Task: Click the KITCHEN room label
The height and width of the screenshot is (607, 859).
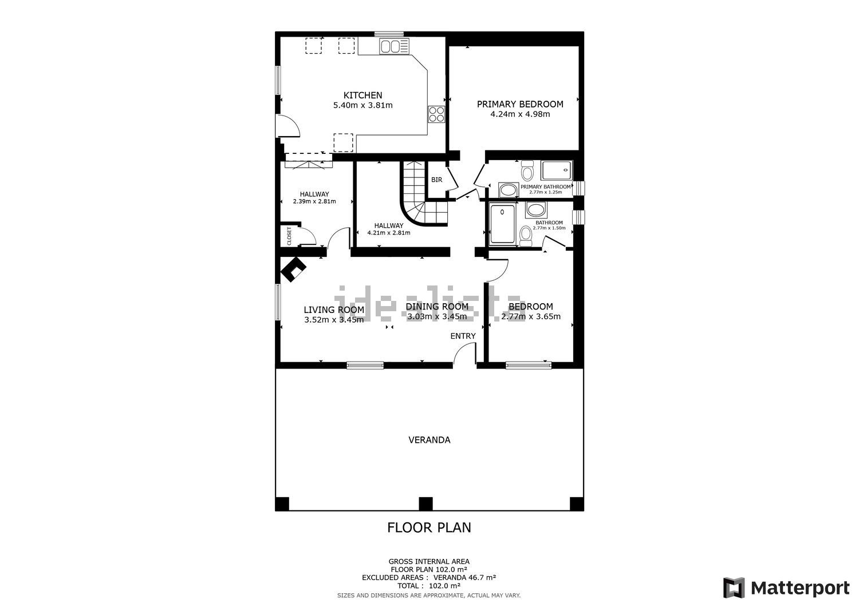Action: coord(362,95)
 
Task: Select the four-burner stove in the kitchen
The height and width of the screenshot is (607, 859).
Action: coord(436,114)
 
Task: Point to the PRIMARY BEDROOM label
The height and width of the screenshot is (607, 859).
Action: coord(520,104)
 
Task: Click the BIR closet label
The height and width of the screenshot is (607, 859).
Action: coord(436,180)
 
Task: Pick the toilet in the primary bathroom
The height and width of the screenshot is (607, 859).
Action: coord(527,170)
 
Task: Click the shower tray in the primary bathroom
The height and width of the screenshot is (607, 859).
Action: coord(557,170)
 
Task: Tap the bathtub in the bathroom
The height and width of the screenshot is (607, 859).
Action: coord(502,224)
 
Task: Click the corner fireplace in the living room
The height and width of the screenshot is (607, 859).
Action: coord(293,269)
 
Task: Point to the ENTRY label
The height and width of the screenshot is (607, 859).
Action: coord(463,336)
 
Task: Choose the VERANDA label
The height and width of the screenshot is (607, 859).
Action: coord(429,440)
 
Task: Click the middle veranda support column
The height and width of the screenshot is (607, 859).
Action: coord(425,503)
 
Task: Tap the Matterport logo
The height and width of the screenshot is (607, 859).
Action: coord(786,588)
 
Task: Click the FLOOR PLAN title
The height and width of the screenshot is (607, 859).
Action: coord(429,527)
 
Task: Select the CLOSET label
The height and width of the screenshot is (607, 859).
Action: coord(289,236)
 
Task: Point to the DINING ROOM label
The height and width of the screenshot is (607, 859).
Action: coord(437,307)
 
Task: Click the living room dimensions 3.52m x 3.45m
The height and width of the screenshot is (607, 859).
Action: coord(334,320)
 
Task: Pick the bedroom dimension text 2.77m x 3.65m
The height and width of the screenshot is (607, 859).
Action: coord(531,316)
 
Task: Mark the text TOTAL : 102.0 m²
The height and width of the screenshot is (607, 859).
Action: coord(429,585)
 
